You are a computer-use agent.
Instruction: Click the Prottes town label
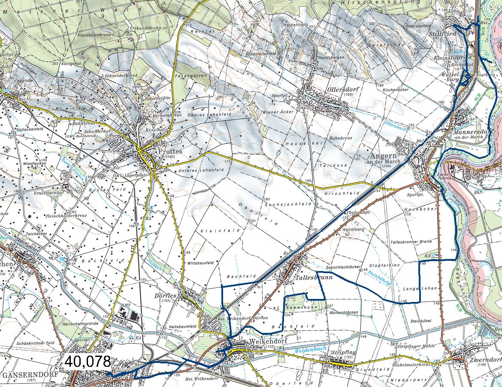[x=170, y=152]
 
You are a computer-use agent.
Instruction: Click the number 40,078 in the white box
[x=88, y=362]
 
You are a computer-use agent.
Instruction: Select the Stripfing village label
[x=342, y=352]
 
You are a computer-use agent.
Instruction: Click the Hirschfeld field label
[x=348, y=194]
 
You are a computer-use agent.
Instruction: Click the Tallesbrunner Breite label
[x=411, y=242]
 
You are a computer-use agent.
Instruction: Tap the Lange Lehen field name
[x=414, y=288]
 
